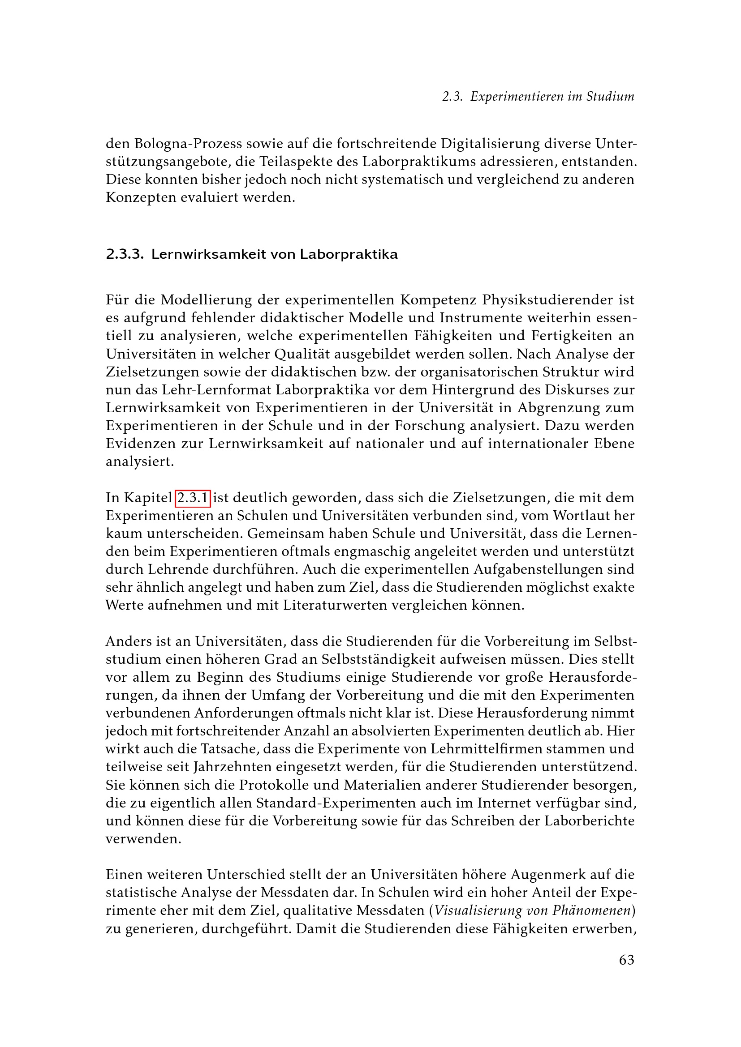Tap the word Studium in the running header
coord(610,97)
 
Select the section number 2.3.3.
coord(125,254)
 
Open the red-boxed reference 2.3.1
coord(193,498)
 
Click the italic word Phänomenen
coord(592,911)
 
